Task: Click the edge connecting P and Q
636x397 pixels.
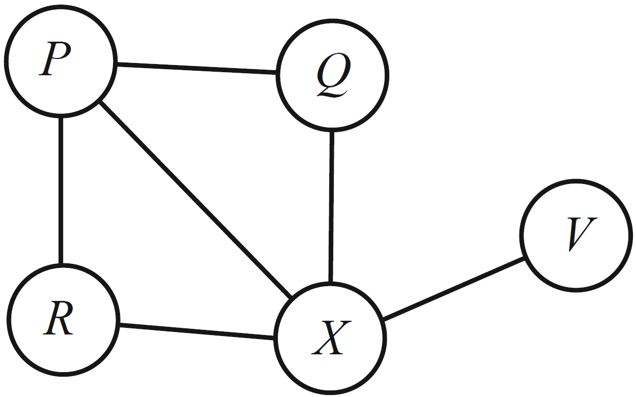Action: (x=196, y=69)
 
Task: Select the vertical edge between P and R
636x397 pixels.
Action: (x=61, y=191)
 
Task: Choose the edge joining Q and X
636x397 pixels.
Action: (x=331, y=206)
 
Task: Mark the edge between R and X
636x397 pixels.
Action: (x=196, y=330)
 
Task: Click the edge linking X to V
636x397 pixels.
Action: (x=453, y=289)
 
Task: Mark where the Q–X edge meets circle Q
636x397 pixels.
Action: (x=332, y=131)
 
